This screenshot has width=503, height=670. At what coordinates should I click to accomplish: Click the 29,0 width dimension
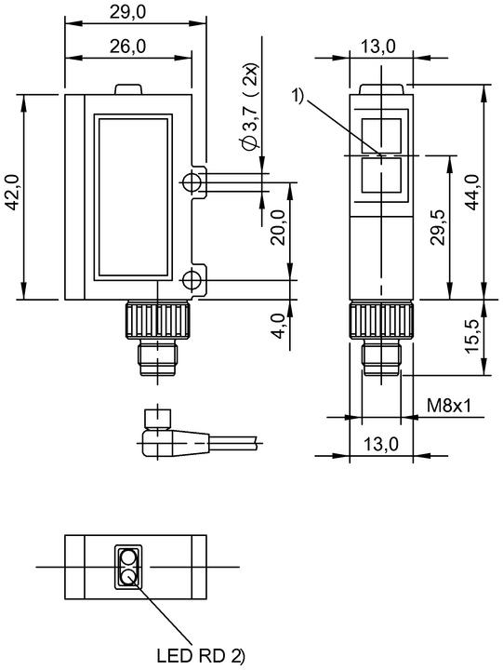point(127,11)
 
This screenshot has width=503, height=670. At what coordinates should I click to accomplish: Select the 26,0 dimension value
point(127,46)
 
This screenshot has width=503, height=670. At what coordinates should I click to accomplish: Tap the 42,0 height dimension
point(13,193)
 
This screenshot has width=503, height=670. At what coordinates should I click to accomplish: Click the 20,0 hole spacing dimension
point(278,227)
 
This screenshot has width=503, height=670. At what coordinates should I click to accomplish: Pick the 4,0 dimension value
point(278,326)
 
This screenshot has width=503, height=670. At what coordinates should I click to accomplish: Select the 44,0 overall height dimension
point(471,192)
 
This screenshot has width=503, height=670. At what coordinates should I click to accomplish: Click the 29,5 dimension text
point(437,227)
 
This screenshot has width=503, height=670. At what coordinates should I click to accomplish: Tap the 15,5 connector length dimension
point(471,338)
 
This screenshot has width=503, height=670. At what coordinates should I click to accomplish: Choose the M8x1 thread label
point(449,405)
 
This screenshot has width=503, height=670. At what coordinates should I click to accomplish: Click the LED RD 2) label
point(201,655)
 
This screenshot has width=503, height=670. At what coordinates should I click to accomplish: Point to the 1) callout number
point(298,95)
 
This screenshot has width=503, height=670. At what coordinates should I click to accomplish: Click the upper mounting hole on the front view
point(191,182)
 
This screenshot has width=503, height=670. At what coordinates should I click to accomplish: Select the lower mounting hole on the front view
point(191,281)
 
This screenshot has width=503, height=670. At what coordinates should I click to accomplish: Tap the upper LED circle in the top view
point(127,557)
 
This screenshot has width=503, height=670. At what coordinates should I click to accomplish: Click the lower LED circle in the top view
point(127,577)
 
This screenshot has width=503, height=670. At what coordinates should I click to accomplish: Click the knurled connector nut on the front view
point(157,320)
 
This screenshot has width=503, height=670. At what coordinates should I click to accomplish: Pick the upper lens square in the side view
point(381,136)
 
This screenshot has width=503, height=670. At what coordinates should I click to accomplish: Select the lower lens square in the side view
point(381,175)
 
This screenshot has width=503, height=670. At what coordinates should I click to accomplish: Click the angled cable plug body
point(175,443)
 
